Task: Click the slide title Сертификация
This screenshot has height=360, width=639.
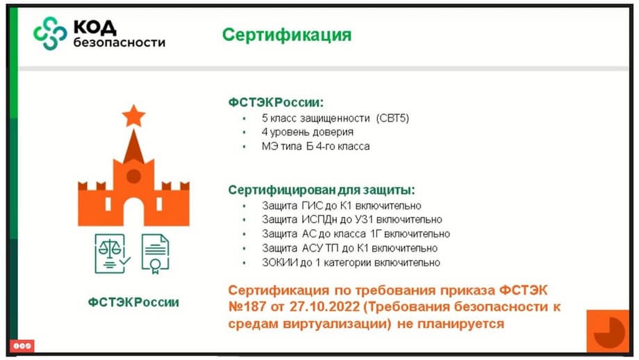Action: pos(286,35)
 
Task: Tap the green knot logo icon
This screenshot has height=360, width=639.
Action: pos(50,33)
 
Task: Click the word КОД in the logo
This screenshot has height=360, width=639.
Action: pos(95,28)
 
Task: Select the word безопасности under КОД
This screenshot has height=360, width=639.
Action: pos(119,42)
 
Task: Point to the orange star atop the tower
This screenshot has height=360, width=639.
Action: pos(133,115)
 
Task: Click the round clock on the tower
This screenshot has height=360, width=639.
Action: pos(133,176)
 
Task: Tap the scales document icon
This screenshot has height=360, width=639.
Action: pos(113,254)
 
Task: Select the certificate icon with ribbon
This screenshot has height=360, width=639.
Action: pos(156,254)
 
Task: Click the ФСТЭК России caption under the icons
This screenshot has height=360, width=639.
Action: pos(133,302)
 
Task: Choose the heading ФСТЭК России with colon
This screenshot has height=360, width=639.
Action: pos(276,102)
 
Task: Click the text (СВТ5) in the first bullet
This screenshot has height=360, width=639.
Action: pos(392,118)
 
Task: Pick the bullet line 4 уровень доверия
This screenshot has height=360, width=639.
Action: pos(307,132)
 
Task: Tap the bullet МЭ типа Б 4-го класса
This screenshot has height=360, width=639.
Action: pos(315,147)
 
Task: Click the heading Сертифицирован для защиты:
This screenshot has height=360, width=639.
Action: pos(322,190)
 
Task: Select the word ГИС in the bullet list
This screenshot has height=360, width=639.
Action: pos(312,206)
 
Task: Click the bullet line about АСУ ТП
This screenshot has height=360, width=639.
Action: pos(349,248)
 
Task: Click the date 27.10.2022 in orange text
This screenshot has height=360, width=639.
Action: pos(324,306)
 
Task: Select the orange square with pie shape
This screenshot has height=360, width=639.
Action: pos(608,331)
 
